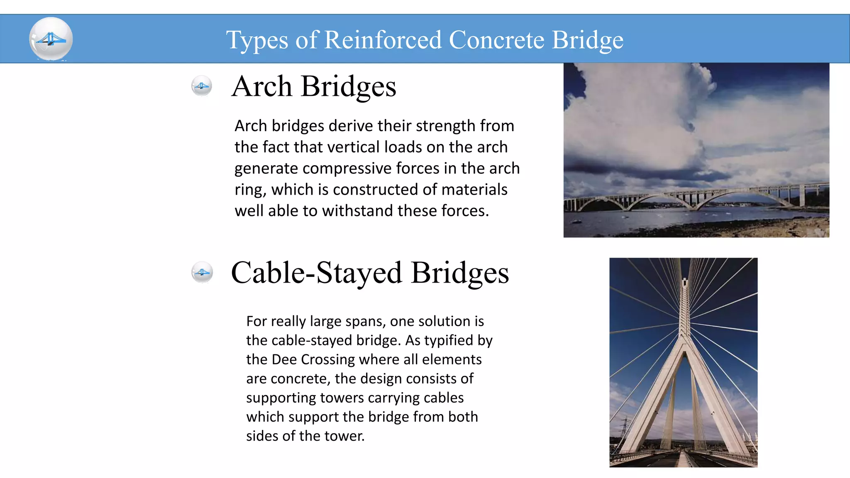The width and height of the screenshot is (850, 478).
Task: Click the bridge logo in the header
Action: [51, 39]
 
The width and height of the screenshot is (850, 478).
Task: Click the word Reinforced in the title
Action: [383, 40]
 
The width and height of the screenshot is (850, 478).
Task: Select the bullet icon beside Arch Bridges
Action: [202, 86]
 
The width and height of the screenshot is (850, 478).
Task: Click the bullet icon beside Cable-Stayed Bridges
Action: [202, 272]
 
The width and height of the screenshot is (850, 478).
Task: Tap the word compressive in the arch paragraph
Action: [347, 168]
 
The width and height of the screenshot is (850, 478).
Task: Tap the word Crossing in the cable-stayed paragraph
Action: [327, 359]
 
